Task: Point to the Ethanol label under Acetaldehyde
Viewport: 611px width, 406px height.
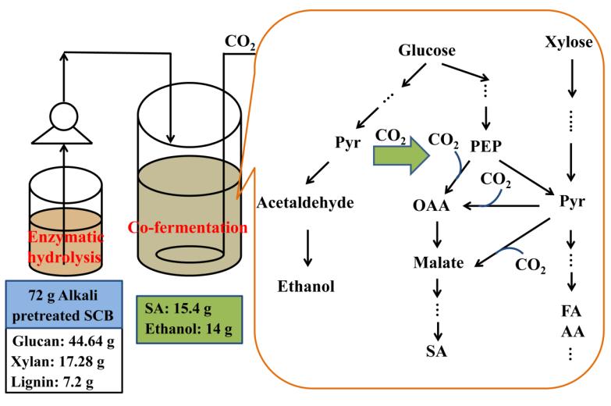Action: pyautogui.click(x=307, y=287)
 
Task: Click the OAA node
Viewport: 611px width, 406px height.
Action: pyautogui.click(x=432, y=207)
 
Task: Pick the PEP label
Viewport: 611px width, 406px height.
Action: pyautogui.click(x=490, y=146)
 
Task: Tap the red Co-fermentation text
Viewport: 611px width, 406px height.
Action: pyautogui.click(x=187, y=227)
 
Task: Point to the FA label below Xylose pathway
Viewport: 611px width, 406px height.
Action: pyautogui.click(x=574, y=312)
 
